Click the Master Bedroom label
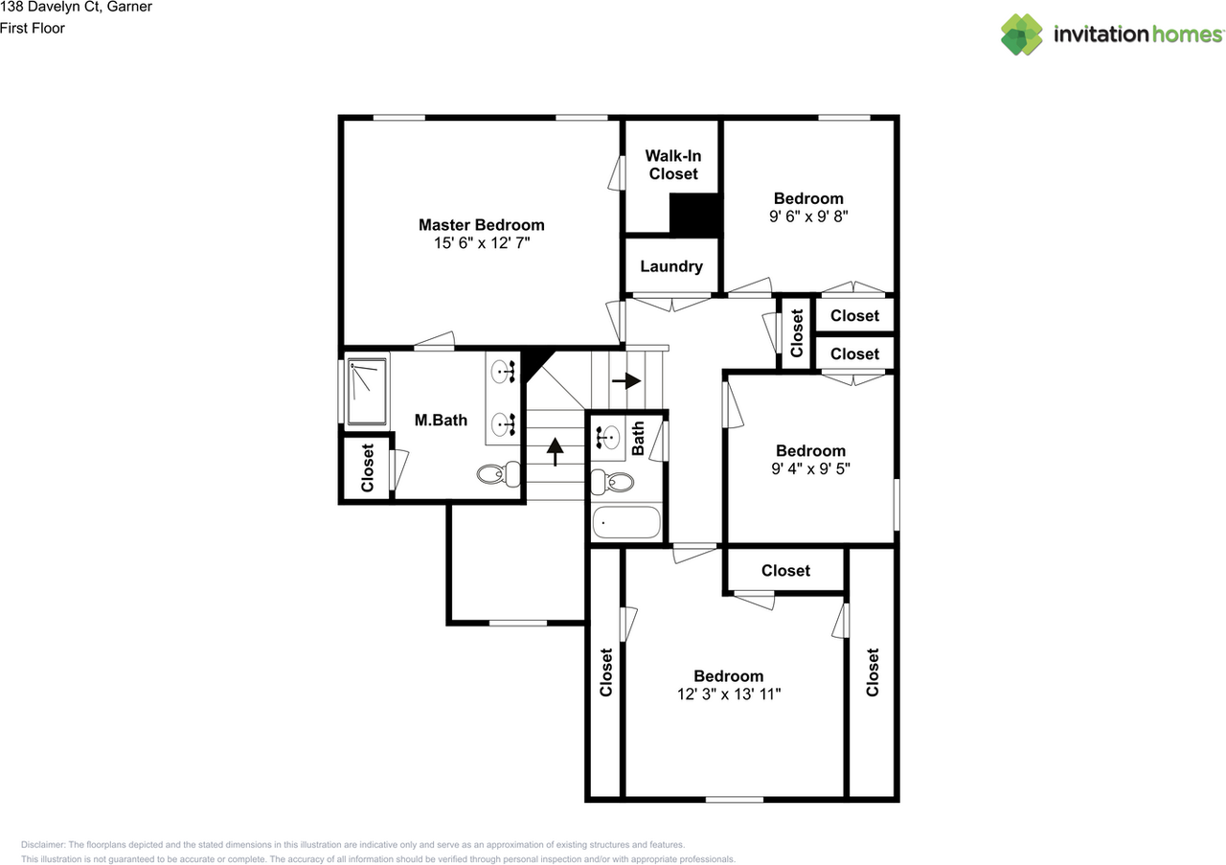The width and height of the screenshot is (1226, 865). [x=481, y=225]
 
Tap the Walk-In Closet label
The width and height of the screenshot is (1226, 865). [x=673, y=165]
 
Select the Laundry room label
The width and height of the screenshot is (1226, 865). [x=671, y=267]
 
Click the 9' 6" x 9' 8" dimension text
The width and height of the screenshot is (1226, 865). [x=808, y=216]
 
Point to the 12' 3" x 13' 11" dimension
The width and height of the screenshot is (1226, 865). [x=729, y=694]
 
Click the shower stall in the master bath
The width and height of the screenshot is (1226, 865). [x=367, y=391]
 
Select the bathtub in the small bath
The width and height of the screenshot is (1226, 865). [x=627, y=523]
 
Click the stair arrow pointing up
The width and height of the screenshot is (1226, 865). [x=555, y=450]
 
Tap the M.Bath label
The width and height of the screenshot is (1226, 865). [x=441, y=420]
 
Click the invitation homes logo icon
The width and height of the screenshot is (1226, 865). [x=1022, y=34]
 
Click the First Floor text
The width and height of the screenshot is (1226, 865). [x=33, y=29]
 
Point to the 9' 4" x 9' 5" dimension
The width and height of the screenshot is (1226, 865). [x=810, y=468]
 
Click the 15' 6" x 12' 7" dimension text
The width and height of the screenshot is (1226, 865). [x=481, y=243]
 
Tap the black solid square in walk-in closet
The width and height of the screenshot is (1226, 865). [x=694, y=214]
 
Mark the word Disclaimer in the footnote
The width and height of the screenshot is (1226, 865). [x=42, y=845]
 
